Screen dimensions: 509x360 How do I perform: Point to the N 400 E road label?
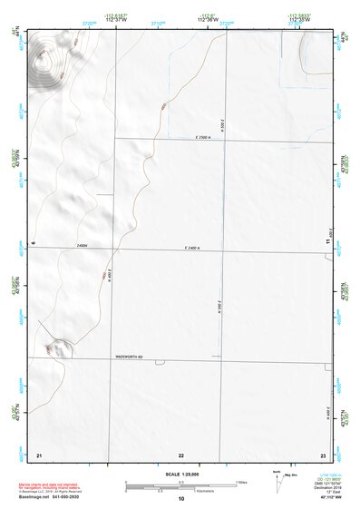(x=110, y=274)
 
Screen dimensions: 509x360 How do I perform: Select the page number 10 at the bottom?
(x=181, y=499)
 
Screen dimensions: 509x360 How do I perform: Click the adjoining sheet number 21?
(x=39, y=454)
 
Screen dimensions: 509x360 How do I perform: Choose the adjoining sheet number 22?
(x=181, y=454)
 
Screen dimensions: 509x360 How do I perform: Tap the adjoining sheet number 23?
(x=323, y=454)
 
